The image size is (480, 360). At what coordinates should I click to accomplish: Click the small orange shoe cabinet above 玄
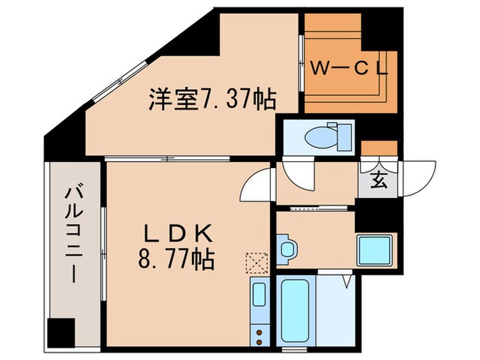379,148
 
